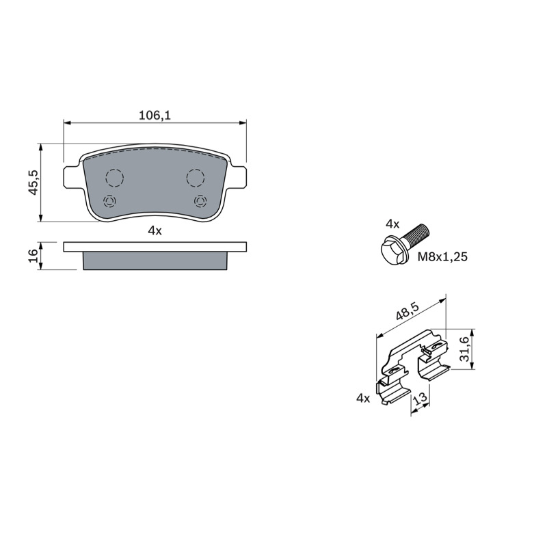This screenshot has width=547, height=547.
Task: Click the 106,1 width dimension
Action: pyautogui.click(x=155, y=115)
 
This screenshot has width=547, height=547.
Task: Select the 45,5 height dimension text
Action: pyautogui.click(x=34, y=183)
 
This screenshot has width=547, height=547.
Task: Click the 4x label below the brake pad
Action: pyautogui.click(x=155, y=230)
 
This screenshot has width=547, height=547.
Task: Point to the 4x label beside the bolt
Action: pyautogui.click(x=392, y=224)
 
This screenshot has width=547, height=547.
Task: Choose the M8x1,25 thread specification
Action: pyautogui.click(x=442, y=257)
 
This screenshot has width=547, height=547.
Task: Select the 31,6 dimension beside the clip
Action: pyautogui.click(x=464, y=349)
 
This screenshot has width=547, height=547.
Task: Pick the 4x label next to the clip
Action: pyautogui.click(x=363, y=398)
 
